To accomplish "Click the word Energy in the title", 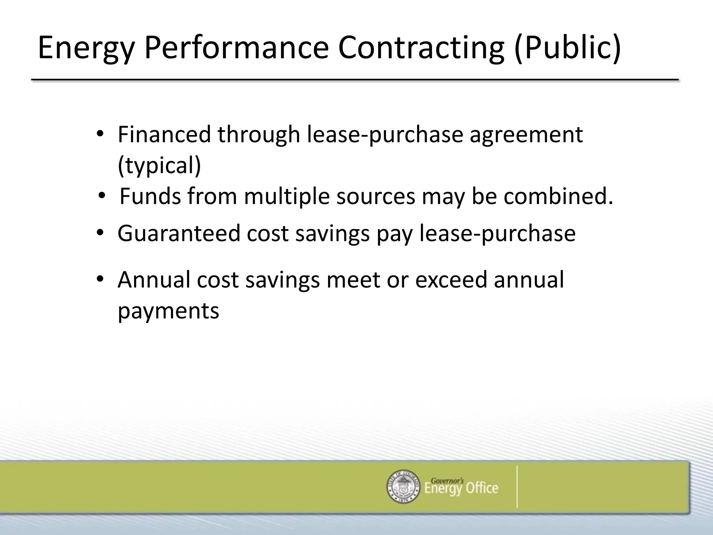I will click(86, 48).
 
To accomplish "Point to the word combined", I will click(558, 196).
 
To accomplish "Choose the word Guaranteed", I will click(179, 233).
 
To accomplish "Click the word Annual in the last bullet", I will click(154, 280).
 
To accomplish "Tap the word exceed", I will click(451, 280).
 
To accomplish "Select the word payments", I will click(169, 311).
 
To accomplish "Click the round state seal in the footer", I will click(403, 486).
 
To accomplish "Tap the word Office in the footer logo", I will click(482, 488).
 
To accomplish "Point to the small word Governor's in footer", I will click(447, 481).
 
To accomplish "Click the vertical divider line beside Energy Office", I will click(517, 486).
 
